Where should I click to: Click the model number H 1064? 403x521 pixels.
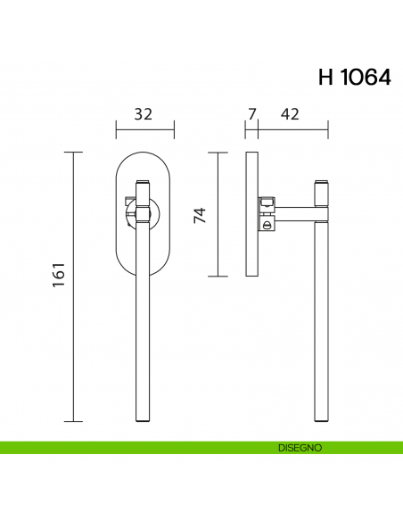(x=354, y=78)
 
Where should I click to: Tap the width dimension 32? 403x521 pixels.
(x=143, y=114)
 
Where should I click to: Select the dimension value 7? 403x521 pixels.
(x=251, y=114)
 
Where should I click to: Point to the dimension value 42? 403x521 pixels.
(x=289, y=114)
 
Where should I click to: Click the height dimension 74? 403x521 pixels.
(x=200, y=215)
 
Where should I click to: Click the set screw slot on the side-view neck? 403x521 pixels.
(x=266, y=227)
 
